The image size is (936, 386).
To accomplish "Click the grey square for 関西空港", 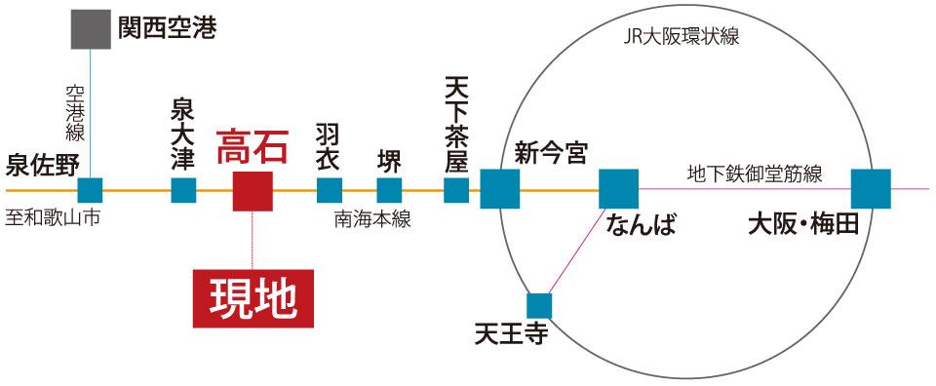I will point(91,29).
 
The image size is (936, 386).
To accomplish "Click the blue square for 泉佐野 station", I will point(91,189).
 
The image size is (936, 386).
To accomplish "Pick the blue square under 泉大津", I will point(183,189).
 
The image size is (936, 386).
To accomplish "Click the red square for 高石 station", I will point(253,190).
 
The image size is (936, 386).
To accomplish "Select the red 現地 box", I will point(253,298).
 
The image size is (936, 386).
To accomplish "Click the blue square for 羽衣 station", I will point(330,189).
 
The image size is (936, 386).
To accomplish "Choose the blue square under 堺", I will point(389,189).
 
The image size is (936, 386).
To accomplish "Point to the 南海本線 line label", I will point(372,219).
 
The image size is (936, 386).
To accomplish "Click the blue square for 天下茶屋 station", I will point(456,189).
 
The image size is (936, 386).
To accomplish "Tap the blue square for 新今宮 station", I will point(499,189).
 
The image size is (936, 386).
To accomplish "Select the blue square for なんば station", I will point(618,189).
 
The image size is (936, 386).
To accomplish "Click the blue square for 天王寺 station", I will point(539,305).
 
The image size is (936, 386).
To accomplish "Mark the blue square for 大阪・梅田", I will point(871,189).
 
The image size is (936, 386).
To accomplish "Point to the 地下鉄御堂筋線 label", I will point(755,175).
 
